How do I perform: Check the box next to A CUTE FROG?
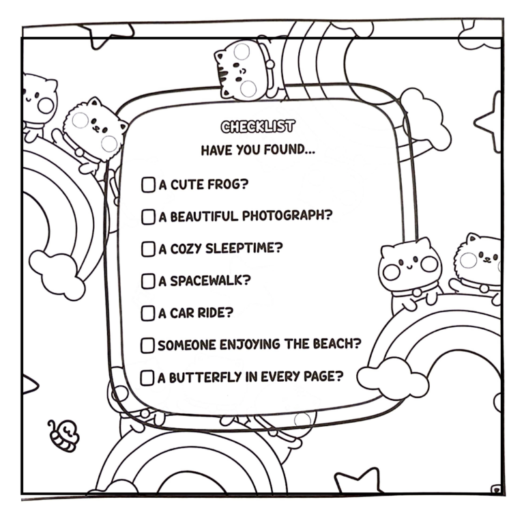(x=148, y=184)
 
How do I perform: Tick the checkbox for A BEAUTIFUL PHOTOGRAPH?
(x=148, y=216)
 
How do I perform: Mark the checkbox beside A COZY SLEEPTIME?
(x=148, y=249)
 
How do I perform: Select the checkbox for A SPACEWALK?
(x=148, y=281)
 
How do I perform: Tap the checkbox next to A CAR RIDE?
(x=148, y=313)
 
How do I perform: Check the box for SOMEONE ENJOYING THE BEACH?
(x=147, y=346)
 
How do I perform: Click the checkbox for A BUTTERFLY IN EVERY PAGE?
(x=147, y=378)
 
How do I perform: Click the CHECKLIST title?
(x=258, y=126)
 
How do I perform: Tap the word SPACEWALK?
(x=210, y=281)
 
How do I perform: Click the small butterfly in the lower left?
(x=63, y=436)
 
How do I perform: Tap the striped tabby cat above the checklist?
(x=245, y=70)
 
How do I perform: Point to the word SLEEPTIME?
(x=244, y=248)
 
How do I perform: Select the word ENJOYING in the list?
(x=250, y=344)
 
